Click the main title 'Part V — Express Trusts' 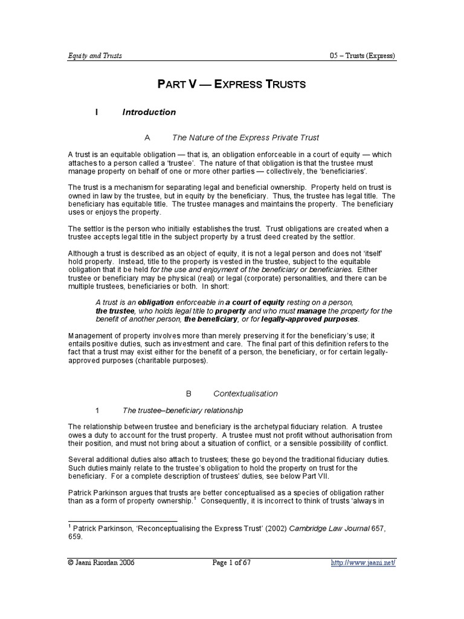tap(232, 84)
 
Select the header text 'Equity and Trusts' tap(95, 56)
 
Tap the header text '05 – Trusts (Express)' tap(359, 56)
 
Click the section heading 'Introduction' tap(149, 112)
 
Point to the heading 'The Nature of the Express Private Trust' tap(245, 138)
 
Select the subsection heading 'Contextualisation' tap(250, 394)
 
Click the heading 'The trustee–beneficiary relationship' tap(182, 410)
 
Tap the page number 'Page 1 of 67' tap(231, 563)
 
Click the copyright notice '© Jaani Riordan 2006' tap(101, 563)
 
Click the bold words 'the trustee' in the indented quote tap(115, 311)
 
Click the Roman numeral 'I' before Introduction tap(97, 112)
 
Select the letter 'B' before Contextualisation tap(188, 394)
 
